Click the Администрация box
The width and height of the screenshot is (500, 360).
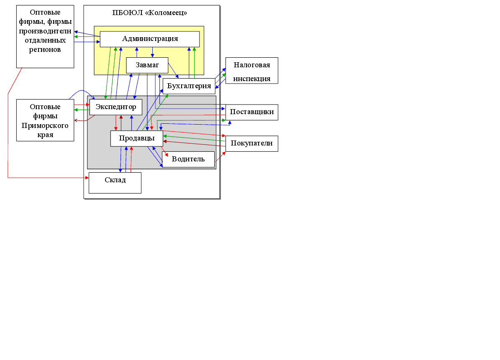pyautogui.click(x=149, y=39)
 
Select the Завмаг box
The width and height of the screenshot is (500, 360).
pyautogui.click(x=147, y=65)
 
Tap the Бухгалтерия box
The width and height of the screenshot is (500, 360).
pyautogui.click(x=189, y=86)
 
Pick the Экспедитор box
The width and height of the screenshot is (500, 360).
pyautogui.click(x=115, y=107)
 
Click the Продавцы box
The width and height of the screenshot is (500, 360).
pyautogui.click(x=136, y=138)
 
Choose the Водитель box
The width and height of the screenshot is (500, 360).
pyautogui.click(x=188, y=159)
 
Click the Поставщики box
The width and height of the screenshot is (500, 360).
pyautogui.click(x=251, y=112)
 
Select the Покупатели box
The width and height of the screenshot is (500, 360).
pyautogui.click(x=251, y=143)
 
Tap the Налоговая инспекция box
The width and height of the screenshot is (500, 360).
pyautogui.click(x=251, y=71)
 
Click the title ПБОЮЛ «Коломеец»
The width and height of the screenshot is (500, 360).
pyautogui.click(x=150, y=13)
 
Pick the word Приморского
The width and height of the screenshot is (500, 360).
pyautogui.click(x=45, y=126)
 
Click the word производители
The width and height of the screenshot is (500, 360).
pyautogui.click(x=45, y=31)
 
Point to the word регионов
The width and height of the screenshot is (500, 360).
pyautogui.click(x=45, y=49)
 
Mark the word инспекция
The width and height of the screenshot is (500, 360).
pyautogui.click(x=251, y=79)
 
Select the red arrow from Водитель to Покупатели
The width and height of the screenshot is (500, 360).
pyautogui.click(x=221, y=156)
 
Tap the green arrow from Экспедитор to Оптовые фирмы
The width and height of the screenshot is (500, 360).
pyautogui.click(x=82, y=110)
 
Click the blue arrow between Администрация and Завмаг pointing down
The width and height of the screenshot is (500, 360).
pyautogui.click(x=152, y=52)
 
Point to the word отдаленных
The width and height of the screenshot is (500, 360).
pyautogui.click(x=45, y=41)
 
